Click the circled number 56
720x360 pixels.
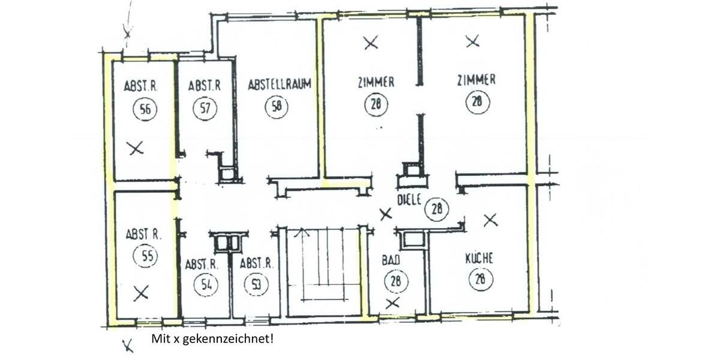[x=144, y=109]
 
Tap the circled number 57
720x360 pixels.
[x=204, y=109]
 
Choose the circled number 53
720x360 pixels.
[x=256, y=284]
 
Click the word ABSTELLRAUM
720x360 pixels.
[x=280, y=85]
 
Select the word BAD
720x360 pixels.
[x=391, y=261]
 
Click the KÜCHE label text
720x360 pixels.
[x=479, y=259]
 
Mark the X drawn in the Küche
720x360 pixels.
[x=491, y=220]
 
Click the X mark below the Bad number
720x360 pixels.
[x=392, y=303]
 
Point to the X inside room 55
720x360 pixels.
[x=141, y=293]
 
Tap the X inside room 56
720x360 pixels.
[x=136, y=148]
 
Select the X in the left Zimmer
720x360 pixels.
[x=371, y=43]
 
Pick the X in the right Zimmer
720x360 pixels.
[x=473, y=41]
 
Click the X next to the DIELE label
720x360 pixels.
[x=386, y=213]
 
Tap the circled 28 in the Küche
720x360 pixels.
[x=480, y=280]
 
